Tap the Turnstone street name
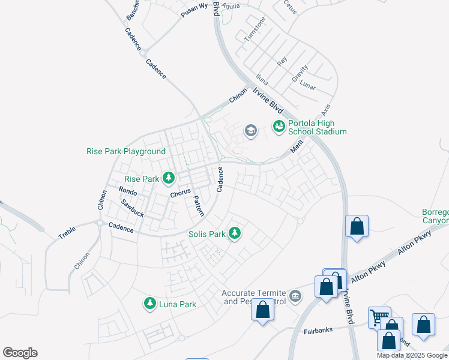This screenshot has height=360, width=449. coord(255,31)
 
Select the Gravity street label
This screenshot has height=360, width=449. coord(300,73)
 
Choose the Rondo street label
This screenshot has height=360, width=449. coord(128,191)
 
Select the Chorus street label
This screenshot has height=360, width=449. coord(180,193)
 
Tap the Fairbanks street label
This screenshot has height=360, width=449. coord(318,330)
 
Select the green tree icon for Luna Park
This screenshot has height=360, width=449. coord(149,304)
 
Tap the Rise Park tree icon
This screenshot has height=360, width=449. coord(169,178)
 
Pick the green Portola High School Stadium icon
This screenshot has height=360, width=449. coord(279,126)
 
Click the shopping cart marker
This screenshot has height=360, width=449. coord(379,317)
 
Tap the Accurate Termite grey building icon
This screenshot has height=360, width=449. coord(295,296)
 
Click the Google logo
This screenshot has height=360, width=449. coord(20,353)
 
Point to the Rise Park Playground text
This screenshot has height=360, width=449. coord(125,152)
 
